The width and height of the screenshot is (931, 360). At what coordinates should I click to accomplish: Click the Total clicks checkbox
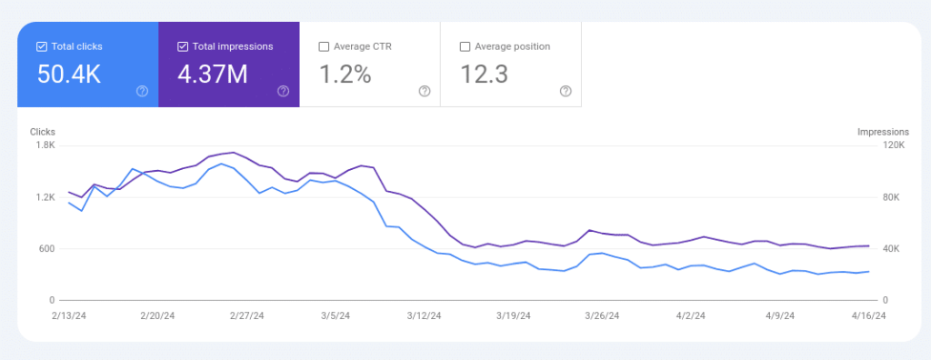point(42,46)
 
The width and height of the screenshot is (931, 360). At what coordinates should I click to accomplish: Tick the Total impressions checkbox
point(183,46)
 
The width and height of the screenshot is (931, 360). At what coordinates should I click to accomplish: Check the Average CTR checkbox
point(324,46)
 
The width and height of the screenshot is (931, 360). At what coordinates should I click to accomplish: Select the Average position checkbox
point(465,46)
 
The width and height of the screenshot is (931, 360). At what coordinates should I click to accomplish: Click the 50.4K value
point(69,75)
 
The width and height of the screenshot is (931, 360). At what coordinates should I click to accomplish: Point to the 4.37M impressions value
point(213,75)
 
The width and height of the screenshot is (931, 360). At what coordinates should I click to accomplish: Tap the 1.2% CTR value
point(345,75)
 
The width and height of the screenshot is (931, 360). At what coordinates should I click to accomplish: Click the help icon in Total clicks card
point(142,91)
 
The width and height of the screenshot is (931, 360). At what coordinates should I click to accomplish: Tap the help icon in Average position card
point(566,91)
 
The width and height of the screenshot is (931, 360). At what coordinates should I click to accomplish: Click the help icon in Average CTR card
point(425,91)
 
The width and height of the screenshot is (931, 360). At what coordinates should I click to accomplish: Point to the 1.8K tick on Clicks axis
point(45,145)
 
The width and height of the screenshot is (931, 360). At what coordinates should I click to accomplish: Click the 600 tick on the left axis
point(46,249)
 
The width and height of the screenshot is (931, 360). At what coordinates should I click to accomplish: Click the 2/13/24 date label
point(68,316)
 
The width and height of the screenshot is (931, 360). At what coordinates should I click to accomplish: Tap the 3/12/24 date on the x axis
point(424,316)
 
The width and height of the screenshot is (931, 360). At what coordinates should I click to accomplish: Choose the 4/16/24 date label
point(868,316)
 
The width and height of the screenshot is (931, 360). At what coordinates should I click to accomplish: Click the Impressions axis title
point(883,132)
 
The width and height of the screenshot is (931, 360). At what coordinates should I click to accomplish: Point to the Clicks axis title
point(43,132)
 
